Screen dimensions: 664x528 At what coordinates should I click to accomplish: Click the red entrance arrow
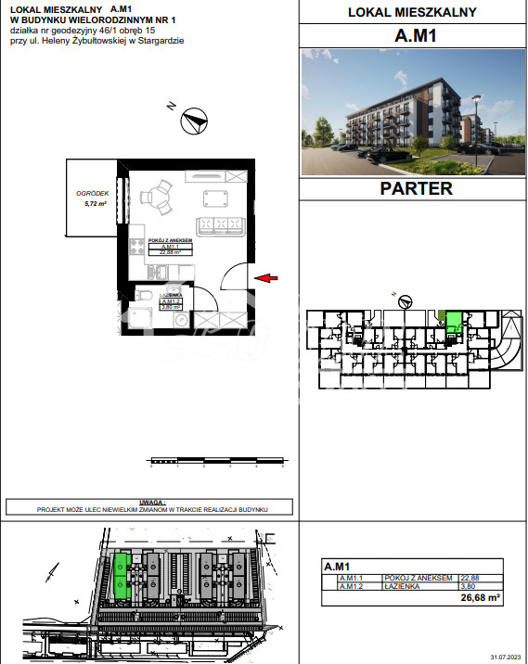[266, 276]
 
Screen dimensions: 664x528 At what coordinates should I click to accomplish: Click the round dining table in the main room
[155, 197]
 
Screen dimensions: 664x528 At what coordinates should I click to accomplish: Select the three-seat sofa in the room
[220, 224]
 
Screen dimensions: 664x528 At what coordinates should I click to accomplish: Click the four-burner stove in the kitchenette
[135, 248]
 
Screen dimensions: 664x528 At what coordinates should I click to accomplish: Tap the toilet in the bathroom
[143, 295]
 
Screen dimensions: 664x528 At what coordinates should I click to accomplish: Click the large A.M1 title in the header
[415, 37]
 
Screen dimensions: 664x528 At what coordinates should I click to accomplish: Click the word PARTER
[416, 188]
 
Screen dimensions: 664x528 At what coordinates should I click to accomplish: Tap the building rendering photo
[415, 112]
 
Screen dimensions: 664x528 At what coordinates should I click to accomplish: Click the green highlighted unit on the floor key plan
[454, 323]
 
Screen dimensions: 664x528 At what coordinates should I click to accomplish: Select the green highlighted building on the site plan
[121, 576]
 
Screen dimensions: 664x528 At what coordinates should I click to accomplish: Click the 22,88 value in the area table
[470, 578]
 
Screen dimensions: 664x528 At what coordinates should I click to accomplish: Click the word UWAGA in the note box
[149, 501]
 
